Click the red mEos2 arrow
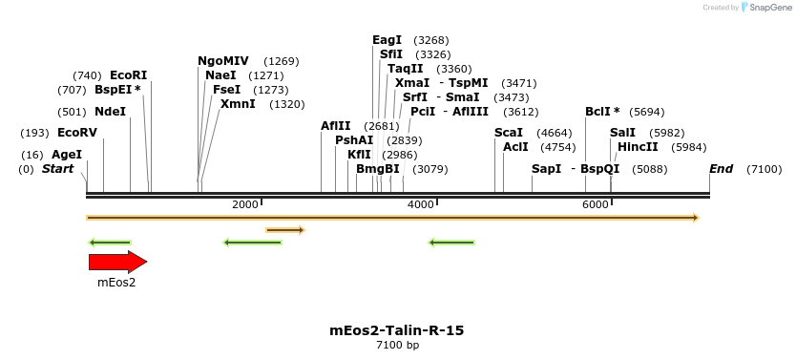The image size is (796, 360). pos(117,262)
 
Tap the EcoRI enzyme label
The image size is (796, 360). pos(129,75)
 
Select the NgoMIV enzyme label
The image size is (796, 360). pos(223,61)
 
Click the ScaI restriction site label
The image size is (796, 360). pos(509,133)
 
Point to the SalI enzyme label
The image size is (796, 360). pos(623,133)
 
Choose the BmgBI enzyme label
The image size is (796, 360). pos(378,169)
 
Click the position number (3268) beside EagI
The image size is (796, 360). pos(431,40)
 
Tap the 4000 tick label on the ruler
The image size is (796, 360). pos(421,204)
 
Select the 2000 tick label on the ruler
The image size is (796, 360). pos(245,204)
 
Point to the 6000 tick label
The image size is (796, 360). pos(596,204)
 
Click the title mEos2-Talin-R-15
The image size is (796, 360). pos(396,330)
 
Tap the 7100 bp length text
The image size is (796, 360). pos(397,346)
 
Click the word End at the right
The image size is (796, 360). pos(721,169)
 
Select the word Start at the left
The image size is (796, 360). pos(58,169)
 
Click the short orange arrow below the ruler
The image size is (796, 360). pos(285,230)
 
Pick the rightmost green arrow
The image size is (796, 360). pos(451,243)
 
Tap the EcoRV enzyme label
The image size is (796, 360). pos(77,133)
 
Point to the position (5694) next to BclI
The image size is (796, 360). pos(647,113)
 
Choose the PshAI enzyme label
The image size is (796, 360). pos(354,140)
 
